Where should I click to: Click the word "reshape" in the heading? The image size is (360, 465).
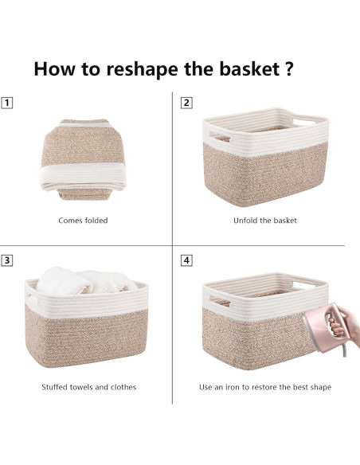[x=142, y=69]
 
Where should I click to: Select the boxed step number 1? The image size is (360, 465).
[x=7, y=103]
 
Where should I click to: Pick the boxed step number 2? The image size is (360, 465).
[x=186, y=103]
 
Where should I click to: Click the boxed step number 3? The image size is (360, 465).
[x=7, y=260]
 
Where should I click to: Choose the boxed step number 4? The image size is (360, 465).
[x=186, y=260]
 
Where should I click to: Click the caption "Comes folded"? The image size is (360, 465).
[x=83, y=221]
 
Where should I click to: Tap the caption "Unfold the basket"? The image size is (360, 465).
[x=264, y=221]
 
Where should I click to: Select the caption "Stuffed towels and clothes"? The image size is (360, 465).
[x=89, y=387]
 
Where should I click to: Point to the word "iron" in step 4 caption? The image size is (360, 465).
[x=233, y=387]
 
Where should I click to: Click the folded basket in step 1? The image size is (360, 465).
[x=84, y=159]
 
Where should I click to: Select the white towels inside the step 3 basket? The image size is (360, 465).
[x=86, y=281]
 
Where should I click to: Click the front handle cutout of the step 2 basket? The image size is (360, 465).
[x=220, y=137]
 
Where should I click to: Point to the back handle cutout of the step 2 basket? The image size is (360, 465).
[x=305, y=122]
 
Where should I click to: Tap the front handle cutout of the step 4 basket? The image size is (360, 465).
[x=220, y=301]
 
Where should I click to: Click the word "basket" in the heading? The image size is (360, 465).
[x=249, y=68]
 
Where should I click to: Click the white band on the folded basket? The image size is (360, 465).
[x=84, y=177]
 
